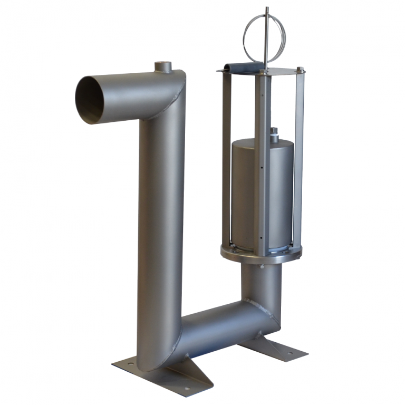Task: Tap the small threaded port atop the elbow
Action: pos(162,67)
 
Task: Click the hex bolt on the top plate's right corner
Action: pos(300,69)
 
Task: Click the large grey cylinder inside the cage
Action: pos(248,190)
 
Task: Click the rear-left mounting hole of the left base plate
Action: pos(129,363)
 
